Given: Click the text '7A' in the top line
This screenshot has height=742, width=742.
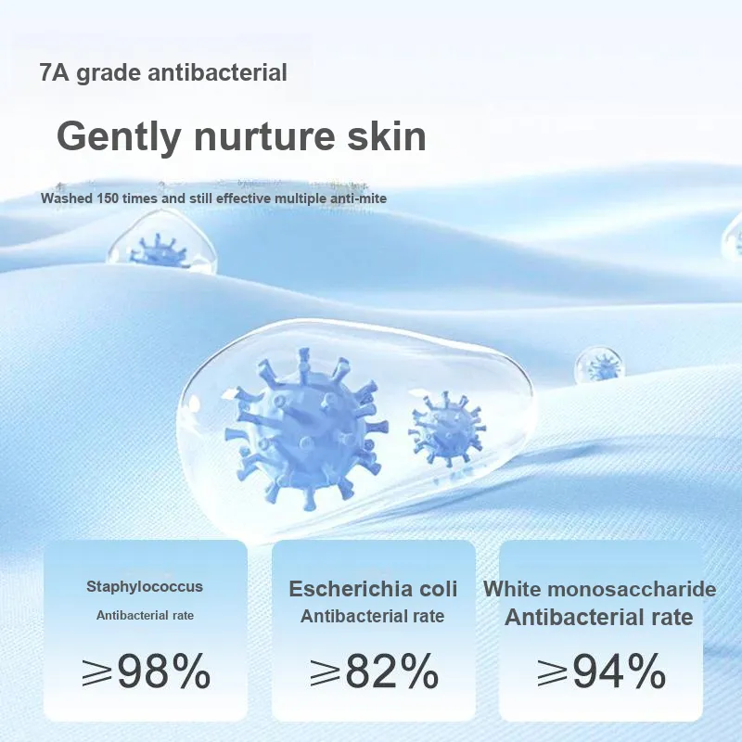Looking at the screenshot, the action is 55,73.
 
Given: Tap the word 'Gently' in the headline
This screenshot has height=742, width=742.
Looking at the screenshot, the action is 119,137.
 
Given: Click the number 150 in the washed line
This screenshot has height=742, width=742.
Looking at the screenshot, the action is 107,198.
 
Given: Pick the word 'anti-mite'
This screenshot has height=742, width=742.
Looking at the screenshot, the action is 358,198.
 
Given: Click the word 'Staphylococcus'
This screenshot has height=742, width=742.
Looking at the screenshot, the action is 145,587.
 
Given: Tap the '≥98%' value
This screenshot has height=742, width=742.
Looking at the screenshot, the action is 146,670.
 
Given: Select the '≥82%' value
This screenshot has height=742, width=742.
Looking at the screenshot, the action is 374,670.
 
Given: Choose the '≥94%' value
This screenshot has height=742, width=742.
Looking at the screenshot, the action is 601,670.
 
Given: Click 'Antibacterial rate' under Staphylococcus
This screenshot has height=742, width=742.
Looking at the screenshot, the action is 146,615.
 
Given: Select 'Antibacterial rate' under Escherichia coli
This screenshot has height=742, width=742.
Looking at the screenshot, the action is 373,616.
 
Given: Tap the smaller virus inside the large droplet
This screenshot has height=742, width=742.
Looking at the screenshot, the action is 446,429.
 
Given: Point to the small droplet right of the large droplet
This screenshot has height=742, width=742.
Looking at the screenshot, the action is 599,365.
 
